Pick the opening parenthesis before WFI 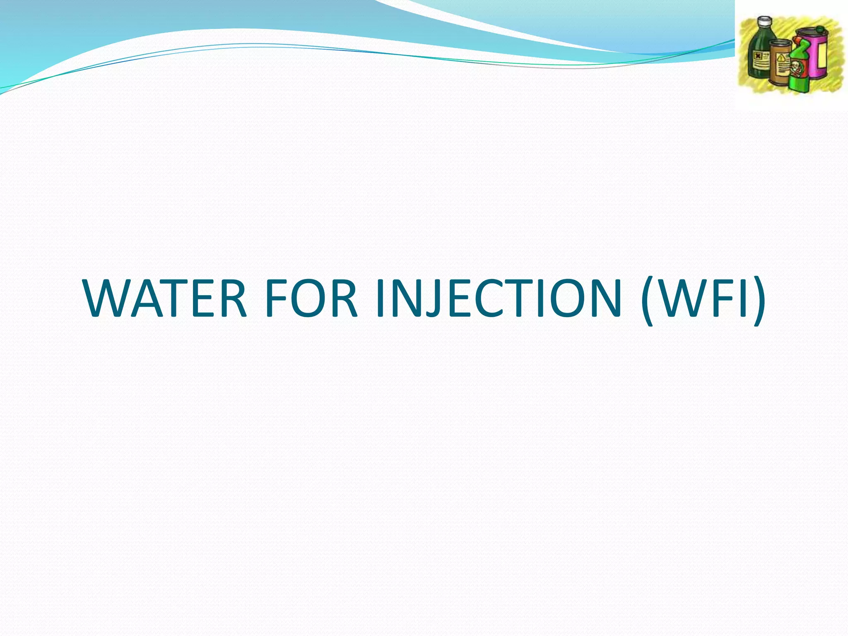pyautogui.click(x=648, y=300)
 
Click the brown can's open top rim pyautogui.click(x=781, y=43)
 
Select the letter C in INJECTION pyautogui.click(x=472, y=298)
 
